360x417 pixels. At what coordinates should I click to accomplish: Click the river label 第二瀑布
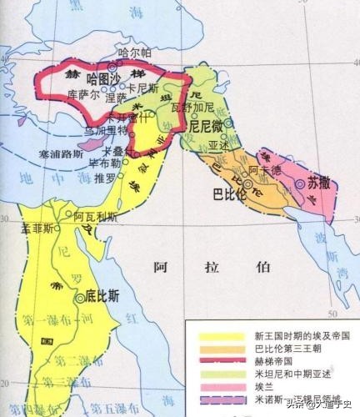pyautogui.click(x=71, y=360)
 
